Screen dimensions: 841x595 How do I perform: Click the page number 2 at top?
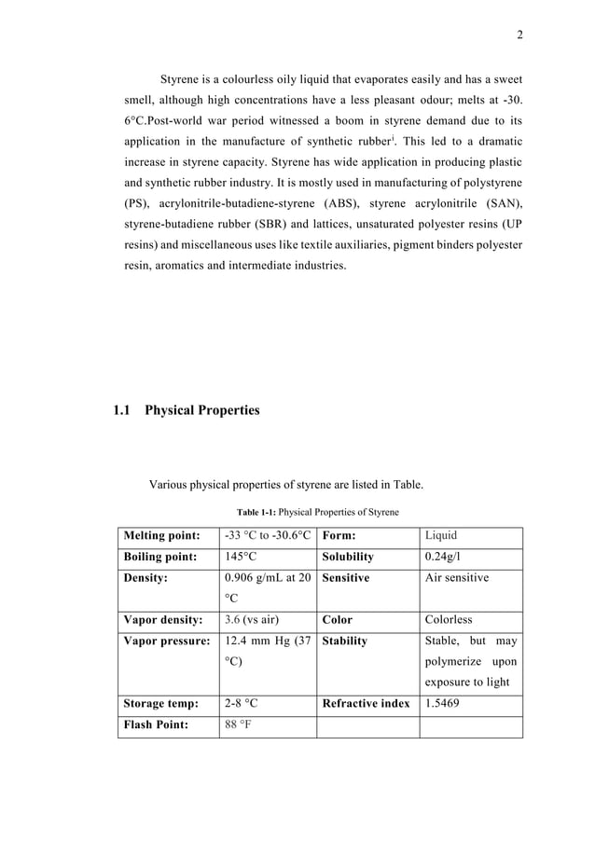[519, 35]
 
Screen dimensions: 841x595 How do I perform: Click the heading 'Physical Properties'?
[202, 410]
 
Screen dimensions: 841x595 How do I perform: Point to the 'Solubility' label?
[347, 557]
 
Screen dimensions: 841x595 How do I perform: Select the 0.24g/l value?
[443, 557]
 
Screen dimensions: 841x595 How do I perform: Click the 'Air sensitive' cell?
[457, 578]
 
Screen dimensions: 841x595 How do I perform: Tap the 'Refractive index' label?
[366, 704]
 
